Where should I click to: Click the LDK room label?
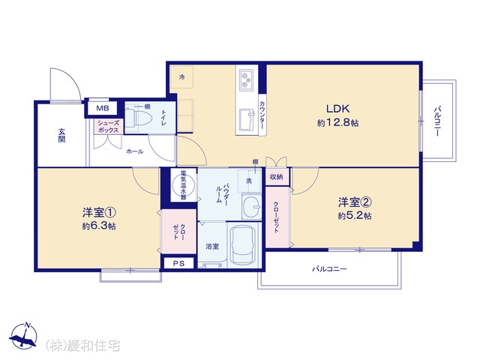[x=338, y=109]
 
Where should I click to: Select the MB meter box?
[x=103, y=108]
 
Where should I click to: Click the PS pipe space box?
[x=178, y=263]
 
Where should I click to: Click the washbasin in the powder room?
[x=252, y=207]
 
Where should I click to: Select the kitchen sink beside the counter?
[x=247, y=118]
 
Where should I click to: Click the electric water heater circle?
[x=183, y=185]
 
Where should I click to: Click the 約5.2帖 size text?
[x=355, y=216]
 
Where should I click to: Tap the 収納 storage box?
[x=277, y=177]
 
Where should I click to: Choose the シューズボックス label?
[x=108, y=127]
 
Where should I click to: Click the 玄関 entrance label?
[x=61, y=136]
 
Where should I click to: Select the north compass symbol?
[x=23, y=336]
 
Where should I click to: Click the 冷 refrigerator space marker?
[x=181, y=77]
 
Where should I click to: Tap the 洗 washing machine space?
[x=249, y=181]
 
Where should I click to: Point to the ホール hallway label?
[x=135, y=151]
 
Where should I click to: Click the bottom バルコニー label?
[x=329, y=269]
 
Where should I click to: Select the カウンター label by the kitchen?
[x=262, y=115]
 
